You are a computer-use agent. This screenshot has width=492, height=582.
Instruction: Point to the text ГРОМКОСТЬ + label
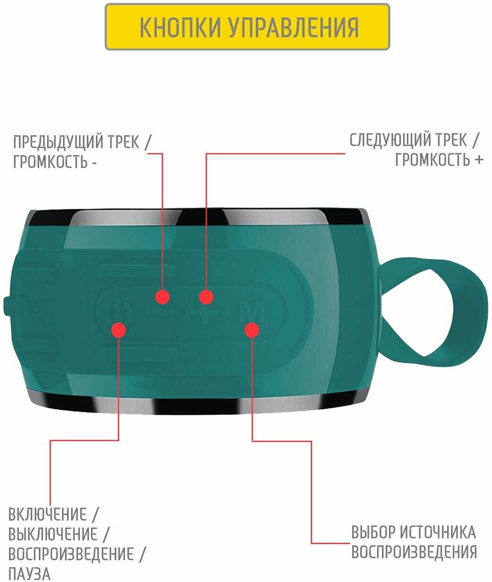point(439,160)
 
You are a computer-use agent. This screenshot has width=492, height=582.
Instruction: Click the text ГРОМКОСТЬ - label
point(55,162)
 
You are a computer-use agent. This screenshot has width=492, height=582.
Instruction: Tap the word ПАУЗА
point(29,574)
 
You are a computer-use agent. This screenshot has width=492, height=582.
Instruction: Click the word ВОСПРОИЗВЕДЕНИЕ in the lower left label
point(71,554)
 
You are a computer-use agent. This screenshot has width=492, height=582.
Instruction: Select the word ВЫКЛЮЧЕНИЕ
point(53,534)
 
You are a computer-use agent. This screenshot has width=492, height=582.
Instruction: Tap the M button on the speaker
point(252,311)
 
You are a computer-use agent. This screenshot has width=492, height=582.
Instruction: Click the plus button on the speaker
point(205,312)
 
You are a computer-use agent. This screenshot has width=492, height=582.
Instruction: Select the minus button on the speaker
point(160,312)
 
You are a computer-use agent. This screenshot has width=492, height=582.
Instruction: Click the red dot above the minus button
point(162,297)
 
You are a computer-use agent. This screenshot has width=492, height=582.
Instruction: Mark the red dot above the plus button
point(206,297)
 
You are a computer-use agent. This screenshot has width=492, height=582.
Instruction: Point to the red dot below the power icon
point(118,330)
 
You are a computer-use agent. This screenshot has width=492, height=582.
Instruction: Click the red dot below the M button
point(252,330)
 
